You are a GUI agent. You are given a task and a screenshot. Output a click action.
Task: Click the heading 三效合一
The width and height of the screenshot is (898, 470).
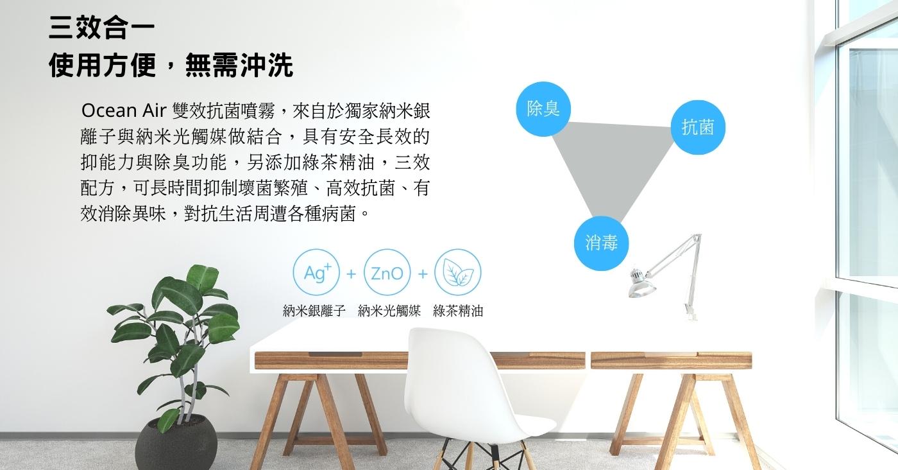pos(102,28)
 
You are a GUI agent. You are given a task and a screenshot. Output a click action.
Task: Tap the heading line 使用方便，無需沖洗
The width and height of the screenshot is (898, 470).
pos(171,65)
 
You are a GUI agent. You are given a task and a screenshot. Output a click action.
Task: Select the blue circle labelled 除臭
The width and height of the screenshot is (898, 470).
pos(543,109)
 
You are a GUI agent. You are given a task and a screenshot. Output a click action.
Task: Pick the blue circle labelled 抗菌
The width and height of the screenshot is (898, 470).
pos(698,127)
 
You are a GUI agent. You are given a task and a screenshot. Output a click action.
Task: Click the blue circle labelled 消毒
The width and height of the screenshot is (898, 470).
pos(601,243)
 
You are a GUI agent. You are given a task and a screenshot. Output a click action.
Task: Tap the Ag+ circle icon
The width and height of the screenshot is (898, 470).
pos(316,272)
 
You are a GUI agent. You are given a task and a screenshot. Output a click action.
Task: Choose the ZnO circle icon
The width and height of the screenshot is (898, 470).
pos(387,272)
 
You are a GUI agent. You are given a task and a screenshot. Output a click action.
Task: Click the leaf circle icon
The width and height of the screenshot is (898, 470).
pos(458,272)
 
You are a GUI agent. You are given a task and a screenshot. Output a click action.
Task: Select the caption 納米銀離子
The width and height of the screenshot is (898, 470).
pos(314,311)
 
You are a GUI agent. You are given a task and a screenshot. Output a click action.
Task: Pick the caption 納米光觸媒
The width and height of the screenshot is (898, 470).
pos(389,311)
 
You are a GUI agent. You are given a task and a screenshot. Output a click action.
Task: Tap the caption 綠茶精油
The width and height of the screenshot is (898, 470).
pos(458,311)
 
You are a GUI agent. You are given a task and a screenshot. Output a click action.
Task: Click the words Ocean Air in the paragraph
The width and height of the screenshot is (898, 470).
pos(123,110)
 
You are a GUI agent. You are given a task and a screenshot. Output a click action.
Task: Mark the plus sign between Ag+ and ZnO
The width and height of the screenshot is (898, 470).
pos(352,274)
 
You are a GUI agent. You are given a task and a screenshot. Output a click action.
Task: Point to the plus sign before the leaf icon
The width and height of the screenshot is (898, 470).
pos(423,274)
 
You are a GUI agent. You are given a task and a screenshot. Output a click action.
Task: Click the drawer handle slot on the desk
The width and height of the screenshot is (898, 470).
pos(335,354)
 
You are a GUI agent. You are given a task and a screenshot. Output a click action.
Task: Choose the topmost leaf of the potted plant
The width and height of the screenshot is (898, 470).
pos(203,276)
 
